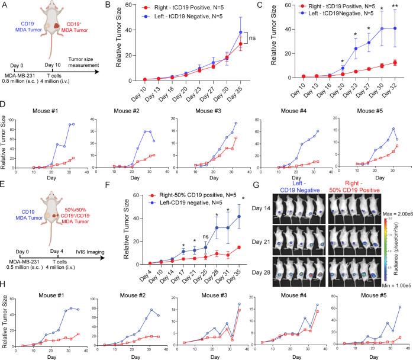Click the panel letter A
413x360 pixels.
pyautogui.click(x=5, y=5)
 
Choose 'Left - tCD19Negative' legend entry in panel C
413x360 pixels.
pyautogui.click(x=316, y=21)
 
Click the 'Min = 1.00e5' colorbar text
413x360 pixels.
pyautogui.click(x=391, y=268)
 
